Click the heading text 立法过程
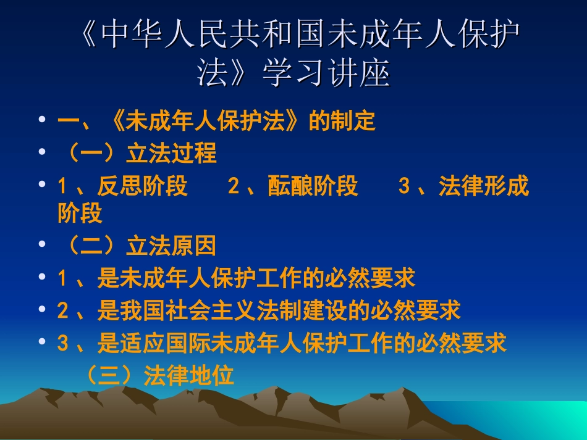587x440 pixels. point(171,154)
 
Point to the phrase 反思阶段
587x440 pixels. point(142,186)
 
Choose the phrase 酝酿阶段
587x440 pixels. point(313,186)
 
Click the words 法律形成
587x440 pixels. point(484,186)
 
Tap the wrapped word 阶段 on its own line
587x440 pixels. point(80,214)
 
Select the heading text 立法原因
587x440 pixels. point(171,246)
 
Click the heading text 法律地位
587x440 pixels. point(189,375)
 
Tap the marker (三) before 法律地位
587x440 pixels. point(112,375)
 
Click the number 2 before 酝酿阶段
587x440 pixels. point(233,186)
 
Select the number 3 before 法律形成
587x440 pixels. point(404,186)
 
